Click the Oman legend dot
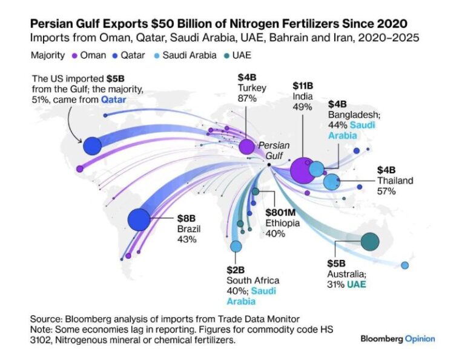73,55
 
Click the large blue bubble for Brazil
139,219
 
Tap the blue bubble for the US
92,146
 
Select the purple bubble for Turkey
246,147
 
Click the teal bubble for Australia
370,242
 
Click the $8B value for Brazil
186,218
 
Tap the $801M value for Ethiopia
281,212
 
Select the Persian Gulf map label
274,150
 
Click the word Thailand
395,181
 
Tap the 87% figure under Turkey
246,98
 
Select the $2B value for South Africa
235,270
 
